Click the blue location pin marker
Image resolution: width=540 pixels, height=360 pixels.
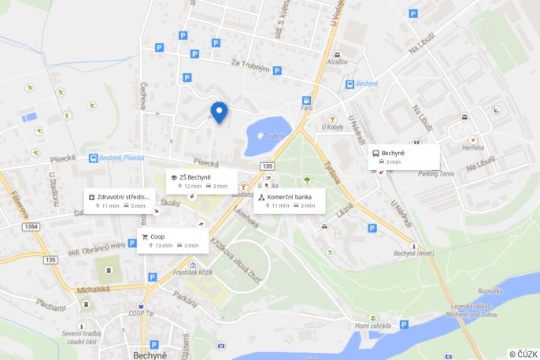click(219, 112)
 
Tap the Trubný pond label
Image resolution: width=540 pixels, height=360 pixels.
click(273, 135)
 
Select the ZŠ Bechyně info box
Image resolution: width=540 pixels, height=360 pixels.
click(201, 181)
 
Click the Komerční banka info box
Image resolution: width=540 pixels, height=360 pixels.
click(289, 200)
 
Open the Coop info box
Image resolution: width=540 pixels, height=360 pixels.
click(172, 240)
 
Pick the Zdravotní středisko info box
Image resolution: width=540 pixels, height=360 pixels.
click(119, 200)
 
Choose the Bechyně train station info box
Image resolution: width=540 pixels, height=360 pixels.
click(404, 157)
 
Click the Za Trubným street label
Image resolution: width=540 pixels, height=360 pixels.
click(250, 66)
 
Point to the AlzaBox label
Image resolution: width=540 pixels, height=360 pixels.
click(337, 61)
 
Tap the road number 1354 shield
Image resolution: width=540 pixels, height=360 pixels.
click(31, 227)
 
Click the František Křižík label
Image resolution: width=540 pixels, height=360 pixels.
click(194, 272)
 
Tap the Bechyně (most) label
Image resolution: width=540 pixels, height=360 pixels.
click(414, 254)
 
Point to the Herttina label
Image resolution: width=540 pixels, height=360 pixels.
click(473, 148)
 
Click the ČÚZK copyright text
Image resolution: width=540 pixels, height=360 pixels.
click(523, 354)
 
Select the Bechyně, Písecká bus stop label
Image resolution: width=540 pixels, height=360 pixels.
click(121, 158)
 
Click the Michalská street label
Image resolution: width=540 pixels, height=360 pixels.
click(94, 290)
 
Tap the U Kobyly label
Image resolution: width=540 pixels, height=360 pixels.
click(332, 127)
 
